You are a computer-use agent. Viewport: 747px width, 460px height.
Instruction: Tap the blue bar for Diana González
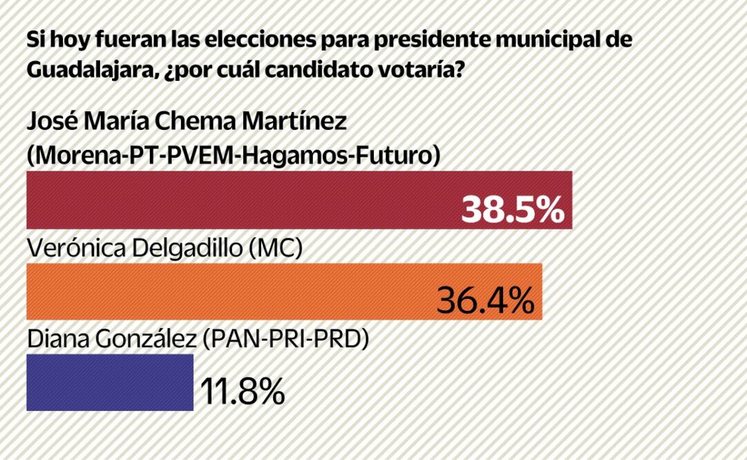tap(110, 382)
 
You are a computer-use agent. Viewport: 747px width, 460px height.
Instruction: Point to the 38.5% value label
tap(513, 211)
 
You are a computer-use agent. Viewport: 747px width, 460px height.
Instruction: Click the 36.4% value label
tap(486, 300)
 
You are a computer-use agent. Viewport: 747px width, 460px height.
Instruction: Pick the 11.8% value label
tap(242, 392)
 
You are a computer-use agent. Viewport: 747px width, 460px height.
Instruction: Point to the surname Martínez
tap(306, 124)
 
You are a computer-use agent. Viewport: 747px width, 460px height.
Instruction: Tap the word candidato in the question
tap(316, 70)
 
